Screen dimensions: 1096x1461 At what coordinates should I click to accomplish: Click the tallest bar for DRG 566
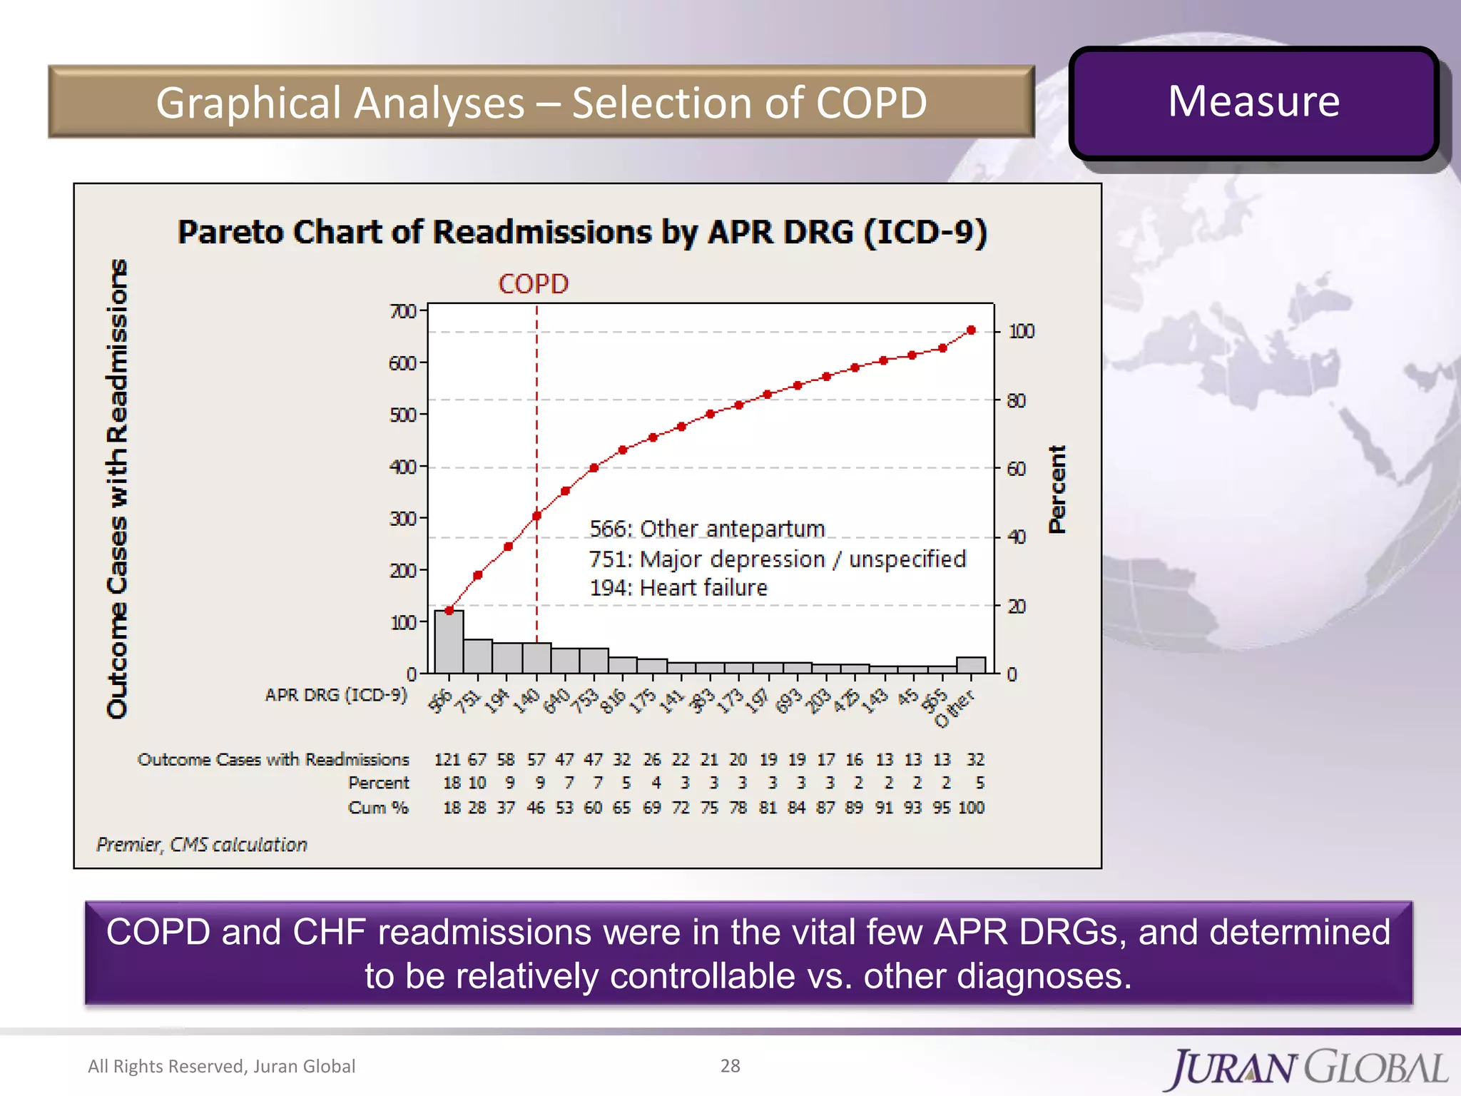[x=449, y=641]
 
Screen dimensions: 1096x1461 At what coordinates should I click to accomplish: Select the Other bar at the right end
[x=971, y=665]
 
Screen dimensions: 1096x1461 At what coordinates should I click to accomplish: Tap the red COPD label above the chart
[x=533, y=284]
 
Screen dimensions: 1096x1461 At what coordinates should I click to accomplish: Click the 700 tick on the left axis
[x=402, y=311]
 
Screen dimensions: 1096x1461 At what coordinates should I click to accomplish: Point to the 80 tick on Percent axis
[x=1016, y=401]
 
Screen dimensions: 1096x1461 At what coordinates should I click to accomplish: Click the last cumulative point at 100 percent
[x=971, y=330]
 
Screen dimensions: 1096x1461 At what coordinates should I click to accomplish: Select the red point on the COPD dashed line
[x=537, y=515]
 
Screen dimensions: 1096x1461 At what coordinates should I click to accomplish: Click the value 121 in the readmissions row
[x=447, y=759]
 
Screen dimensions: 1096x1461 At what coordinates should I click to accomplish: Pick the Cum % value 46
[x=536, y=808]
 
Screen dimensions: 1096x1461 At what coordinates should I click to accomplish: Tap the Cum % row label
[x=378, y=808]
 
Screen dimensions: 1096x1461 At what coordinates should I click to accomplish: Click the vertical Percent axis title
[x=1057, y=489]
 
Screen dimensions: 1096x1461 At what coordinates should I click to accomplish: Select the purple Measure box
[x=1253, y=103]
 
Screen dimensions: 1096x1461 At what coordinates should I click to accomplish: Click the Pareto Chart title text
[x=582, y=233]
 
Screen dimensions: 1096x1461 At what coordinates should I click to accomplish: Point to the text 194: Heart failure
[x=678, y=588]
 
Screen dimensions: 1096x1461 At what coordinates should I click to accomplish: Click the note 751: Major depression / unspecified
[x=777, y=559]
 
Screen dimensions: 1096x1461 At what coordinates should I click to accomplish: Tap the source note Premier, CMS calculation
[x=202, y=845]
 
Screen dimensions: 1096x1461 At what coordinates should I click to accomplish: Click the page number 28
[x=730, y=1066]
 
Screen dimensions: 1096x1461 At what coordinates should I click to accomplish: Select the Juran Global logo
[x=1308, y=1068]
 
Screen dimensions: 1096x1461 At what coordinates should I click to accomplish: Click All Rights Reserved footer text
[x=221, y=1066]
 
